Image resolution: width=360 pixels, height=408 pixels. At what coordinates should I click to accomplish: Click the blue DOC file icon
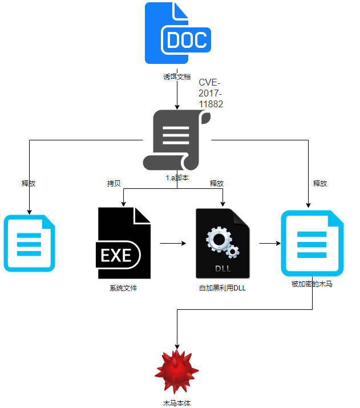coord(178,33)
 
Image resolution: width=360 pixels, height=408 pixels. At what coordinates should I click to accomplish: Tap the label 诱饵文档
coord(177,76)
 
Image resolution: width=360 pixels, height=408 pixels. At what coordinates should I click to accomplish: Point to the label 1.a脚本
coord(177,177)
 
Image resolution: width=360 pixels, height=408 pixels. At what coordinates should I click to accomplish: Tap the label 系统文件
coord(124,288)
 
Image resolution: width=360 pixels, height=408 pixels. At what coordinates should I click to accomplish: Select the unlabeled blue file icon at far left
coord(30,243)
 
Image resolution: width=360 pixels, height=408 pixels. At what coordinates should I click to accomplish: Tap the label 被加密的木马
coord(312,284)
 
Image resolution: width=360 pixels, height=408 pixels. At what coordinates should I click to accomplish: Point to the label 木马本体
coord(176,403)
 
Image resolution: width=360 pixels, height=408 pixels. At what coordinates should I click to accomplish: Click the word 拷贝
coord(114,184)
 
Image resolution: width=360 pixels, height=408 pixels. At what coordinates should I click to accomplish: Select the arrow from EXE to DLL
coord(173,243)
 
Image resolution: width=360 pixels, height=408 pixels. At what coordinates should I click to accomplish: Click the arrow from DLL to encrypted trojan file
coord(270,243)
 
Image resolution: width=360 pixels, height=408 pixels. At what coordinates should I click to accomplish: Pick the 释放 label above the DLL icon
coord(217,184)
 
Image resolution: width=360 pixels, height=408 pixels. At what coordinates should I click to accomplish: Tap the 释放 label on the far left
coord(29,184)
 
